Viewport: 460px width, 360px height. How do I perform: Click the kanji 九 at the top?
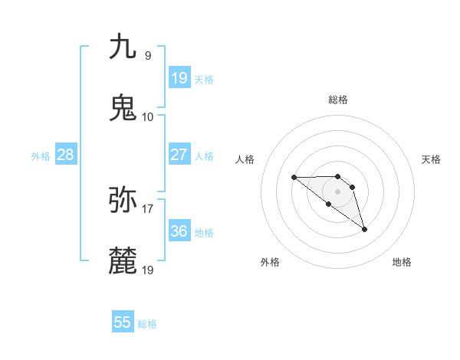click(x=123, y=47)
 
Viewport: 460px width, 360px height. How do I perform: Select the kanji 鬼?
click(x=123, y=108)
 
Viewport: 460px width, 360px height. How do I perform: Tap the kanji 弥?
click(x=123, y=200)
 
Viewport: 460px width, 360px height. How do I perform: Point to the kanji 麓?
click(x=123, y=261)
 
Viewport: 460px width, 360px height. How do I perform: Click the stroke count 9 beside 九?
click(x=148, y=55)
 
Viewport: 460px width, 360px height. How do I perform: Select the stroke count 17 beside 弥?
click(x=148, y=208)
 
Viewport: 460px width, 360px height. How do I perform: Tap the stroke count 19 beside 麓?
click(x=148, y=270)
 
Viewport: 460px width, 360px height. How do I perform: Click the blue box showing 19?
click(x=179, y=78)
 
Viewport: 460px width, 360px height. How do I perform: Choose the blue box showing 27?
click(x=179, y=155)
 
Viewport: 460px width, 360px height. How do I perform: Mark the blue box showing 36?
click(x=179, y=231)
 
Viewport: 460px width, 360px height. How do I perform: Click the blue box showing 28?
click(x=66, y=155)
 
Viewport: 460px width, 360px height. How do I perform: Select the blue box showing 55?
click(x=123, y=322)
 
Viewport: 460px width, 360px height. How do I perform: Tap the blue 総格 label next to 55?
click(x=147, y=324)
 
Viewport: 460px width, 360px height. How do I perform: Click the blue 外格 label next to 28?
click(x=41, y=156)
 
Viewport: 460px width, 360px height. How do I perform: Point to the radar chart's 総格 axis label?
click(x=338, y=100)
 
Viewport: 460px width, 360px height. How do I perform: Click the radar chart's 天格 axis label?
click(x=431, y=159)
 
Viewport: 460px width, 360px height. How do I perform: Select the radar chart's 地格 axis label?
click(x=402, y=262)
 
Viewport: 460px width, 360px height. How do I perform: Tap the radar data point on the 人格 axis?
click(x=294, y=178)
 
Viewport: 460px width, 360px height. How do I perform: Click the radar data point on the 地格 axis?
click(x=364, y=228)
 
